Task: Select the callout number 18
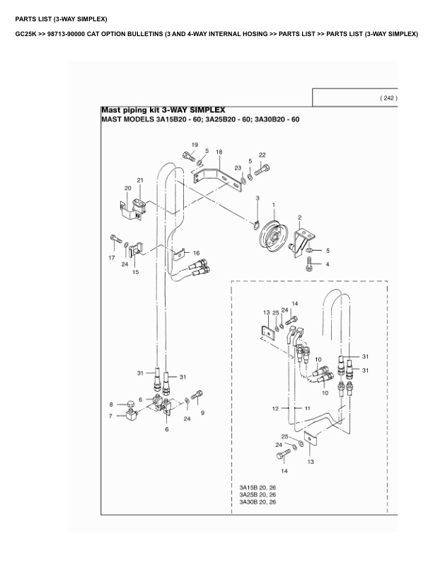point(219,152)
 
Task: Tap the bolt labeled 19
point(187,157)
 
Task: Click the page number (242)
point(388,98)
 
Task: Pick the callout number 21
point(140,181)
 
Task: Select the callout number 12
point(275,409)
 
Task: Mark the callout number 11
point(308,409)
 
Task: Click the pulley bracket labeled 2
point(303,237)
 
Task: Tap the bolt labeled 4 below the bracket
point(309,264)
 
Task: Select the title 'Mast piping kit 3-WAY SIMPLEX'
point(163,110)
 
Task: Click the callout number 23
point(238,168)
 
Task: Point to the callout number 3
point(258,198)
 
